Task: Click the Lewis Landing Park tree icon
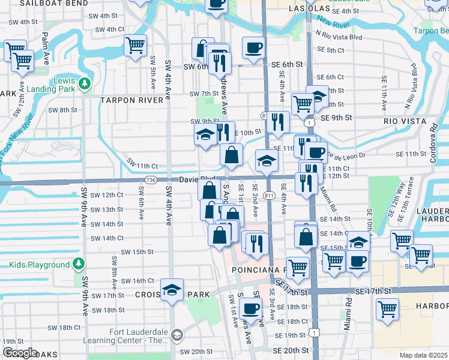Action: (85, 82)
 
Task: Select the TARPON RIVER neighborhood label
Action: (132, 100)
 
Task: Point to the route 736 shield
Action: (151, 180)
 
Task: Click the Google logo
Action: (20, 352)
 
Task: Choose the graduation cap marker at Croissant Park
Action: (172, 290)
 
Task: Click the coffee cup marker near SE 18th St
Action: (250, 309)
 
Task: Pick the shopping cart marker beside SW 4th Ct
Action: (136, 45)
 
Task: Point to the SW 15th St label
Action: (137, 252)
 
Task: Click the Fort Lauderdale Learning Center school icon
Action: (176, 335)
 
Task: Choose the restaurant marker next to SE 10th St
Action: (277, 122)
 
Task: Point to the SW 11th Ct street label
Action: (142, 166)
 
